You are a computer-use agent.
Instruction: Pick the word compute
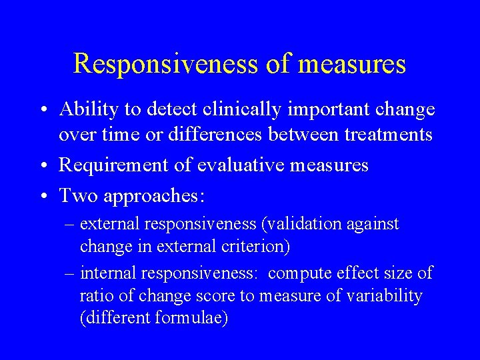(303, 273)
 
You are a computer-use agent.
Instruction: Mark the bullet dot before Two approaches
(42, 197)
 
